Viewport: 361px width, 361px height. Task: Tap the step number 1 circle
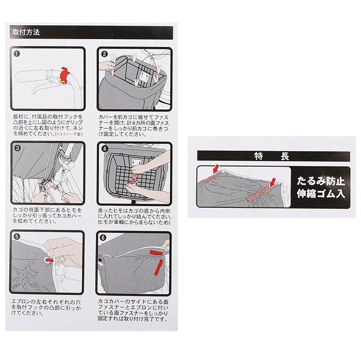click(17, 53)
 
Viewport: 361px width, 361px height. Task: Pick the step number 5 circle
click(17, 238)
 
